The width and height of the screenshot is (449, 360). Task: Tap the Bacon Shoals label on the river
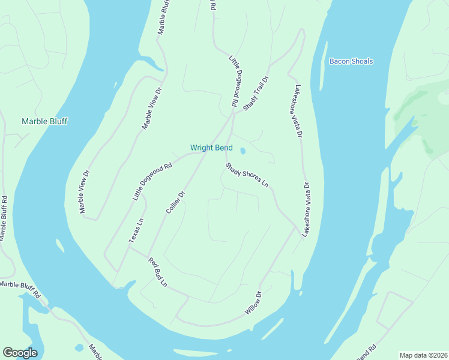tap(351, 61)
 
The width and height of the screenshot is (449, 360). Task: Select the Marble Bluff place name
tap(44, 121)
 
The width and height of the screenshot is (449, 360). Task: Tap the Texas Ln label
tap(136, 230)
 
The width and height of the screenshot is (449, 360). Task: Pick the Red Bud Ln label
tap(158, 272)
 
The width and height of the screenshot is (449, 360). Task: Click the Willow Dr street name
tap(255, 303)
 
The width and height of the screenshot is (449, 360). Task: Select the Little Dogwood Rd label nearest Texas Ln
tap(152, 182)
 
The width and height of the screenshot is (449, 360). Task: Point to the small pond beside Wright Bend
tap(243, 151)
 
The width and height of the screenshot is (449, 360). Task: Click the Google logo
tap(20, 353)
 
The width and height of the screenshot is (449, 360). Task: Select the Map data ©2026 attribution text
tap(423, 355)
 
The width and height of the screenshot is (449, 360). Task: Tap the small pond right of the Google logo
tap(79, 347)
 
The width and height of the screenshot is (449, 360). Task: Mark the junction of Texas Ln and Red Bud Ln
tap(129, 247)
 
